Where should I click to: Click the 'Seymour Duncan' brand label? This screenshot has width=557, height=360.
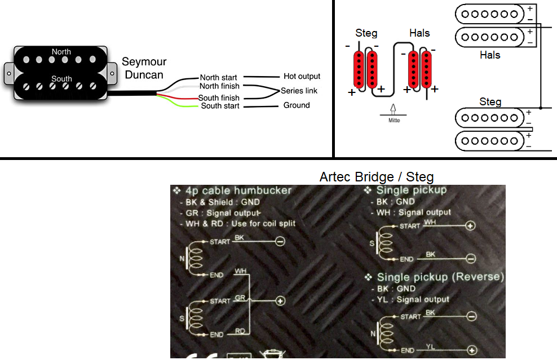pos(145,68)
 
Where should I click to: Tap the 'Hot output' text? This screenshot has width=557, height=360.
pos(302,76)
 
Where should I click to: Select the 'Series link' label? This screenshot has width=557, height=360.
pos(299,91)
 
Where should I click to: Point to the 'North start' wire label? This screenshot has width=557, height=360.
pos(218,77)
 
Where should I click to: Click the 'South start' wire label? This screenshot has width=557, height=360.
pos(220,106)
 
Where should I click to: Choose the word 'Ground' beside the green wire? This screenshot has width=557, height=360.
pos(297,105)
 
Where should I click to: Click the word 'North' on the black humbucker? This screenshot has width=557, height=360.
pos(61,52)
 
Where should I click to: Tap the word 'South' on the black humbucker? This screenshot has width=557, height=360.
pos(61,79)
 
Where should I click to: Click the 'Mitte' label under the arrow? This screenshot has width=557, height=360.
pos(394,120)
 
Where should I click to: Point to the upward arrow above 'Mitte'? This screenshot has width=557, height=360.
pos(394,109)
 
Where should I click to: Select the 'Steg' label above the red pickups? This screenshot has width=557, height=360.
pos(366,34)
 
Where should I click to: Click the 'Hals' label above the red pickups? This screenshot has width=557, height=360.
pos(419,34)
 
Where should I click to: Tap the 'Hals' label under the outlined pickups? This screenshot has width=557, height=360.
pos(490,55)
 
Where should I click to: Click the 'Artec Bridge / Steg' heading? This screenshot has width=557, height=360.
pos(377,177)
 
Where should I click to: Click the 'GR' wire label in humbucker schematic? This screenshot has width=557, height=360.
pos(240,298)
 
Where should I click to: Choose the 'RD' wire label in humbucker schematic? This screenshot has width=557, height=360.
pos(240,331)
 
